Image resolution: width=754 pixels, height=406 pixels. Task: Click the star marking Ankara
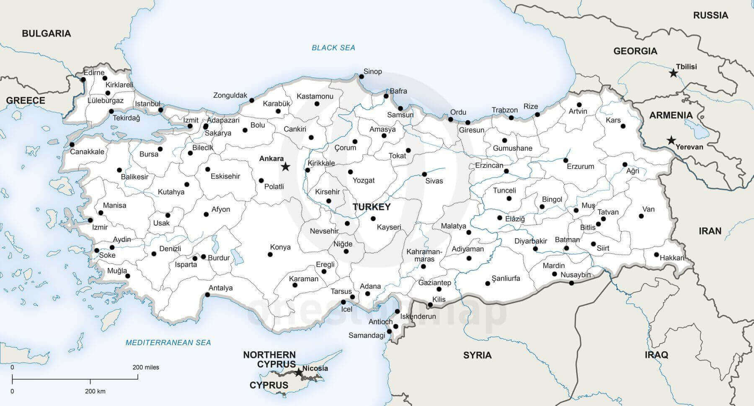tap(285, 167)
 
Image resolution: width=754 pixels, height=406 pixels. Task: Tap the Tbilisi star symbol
tap(673, 73)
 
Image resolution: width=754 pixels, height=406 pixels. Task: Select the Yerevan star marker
tap(671, 140)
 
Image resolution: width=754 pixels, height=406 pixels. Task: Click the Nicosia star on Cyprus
tap(298, 372)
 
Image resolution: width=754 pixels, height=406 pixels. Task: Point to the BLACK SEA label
tap(333, 48)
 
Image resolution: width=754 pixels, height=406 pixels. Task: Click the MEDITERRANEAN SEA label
tap(168, 343)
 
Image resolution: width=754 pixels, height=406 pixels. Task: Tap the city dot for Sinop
tap(362, 77)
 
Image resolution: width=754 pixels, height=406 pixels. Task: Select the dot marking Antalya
tap(207, 295)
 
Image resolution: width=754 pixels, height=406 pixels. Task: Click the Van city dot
tap(641, 216)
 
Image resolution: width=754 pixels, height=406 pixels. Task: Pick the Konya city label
tap(280, 247)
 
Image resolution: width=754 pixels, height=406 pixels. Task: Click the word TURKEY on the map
tap(372, 207)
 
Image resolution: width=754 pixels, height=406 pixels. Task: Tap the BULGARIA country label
tap(46, 33)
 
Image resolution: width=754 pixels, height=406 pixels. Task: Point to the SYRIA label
tap(477, 355)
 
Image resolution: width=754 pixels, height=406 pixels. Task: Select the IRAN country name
tap(710, 231)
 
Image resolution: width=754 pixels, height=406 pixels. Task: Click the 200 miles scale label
tap(146, 367)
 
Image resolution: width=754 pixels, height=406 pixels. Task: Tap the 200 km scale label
tap(95, 391)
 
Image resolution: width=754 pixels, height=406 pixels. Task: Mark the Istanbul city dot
tap(161, 110)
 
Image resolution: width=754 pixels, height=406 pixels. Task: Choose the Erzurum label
tap(581, 166)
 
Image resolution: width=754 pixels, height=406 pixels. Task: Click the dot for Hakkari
tap(656, 254)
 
